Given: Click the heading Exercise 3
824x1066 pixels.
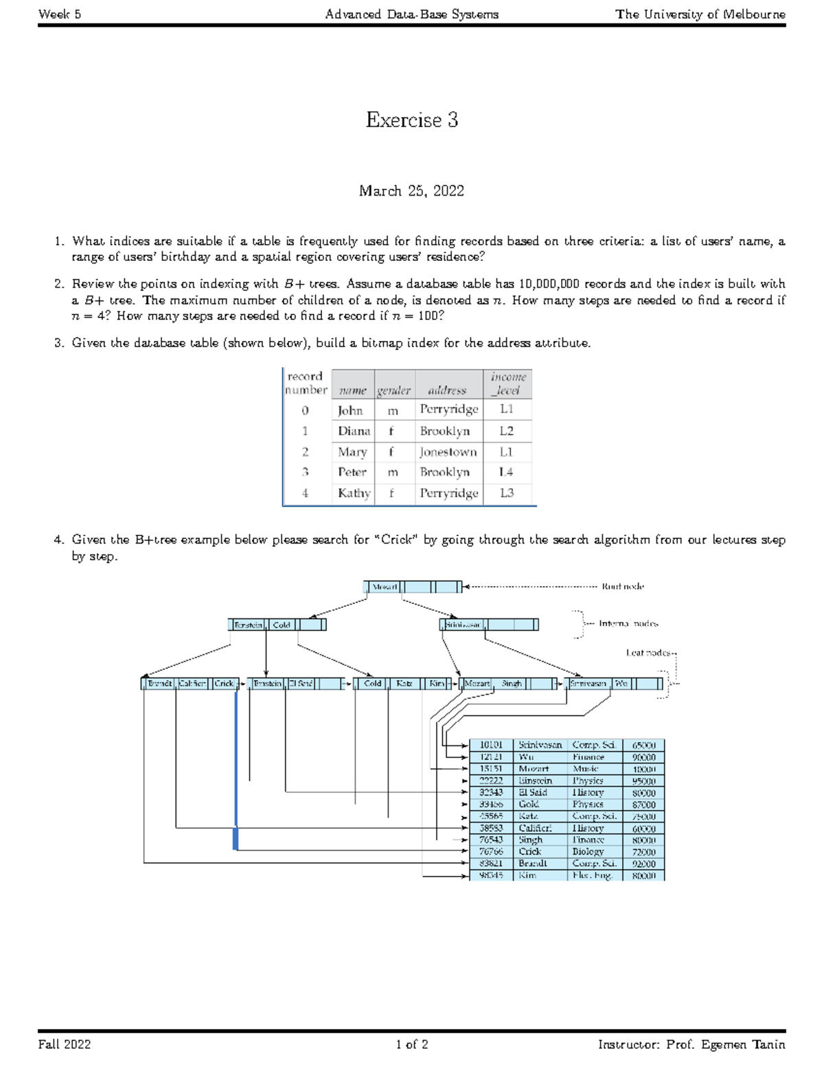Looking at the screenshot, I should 411,120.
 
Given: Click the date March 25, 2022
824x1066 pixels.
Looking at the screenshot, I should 411,191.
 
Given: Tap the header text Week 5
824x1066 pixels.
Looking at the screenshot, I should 60,14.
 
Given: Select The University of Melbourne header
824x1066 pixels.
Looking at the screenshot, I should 700,14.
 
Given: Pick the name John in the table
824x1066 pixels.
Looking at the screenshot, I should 350,410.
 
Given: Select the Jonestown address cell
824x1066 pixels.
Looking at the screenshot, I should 448,452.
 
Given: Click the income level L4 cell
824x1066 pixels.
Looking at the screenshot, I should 507,472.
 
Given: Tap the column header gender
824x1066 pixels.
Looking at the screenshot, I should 393,391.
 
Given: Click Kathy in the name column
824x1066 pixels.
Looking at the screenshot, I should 354,493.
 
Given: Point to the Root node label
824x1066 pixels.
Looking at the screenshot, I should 623,586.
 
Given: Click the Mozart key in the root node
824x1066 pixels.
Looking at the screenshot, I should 384,587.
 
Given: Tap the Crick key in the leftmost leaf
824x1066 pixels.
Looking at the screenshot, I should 224,684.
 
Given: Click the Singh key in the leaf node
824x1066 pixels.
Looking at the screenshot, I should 512,684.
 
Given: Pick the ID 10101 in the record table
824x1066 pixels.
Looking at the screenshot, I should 491,745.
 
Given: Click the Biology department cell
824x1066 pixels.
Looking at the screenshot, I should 587,851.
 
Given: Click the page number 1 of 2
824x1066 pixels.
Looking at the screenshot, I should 411,1045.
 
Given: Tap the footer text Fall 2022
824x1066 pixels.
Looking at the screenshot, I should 65,1045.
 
